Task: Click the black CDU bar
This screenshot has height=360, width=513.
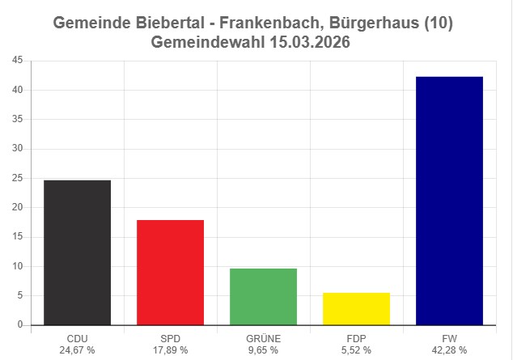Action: point(77,252)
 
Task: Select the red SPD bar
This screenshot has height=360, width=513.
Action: point(170,272)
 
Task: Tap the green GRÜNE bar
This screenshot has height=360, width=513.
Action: point(263,296)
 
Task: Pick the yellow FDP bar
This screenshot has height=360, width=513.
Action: point(356,308)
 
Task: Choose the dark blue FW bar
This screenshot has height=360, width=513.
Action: point(449,201)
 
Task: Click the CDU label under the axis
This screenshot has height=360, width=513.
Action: point(77,339)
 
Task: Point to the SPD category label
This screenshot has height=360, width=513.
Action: point(170,339)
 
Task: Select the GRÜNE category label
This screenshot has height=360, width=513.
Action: point(263,339)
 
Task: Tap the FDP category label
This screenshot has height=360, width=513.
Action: point(356,339)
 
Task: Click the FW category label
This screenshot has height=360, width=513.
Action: point(449,339)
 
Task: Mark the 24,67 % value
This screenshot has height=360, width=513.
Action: point(77,350)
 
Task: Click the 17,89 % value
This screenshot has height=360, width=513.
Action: point(170,350)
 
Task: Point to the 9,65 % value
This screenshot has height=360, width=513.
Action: point(263,350)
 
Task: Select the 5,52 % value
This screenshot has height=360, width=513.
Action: point(356,350)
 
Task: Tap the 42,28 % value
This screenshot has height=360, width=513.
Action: point(449,350)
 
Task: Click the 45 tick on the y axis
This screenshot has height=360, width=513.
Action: point(17,61)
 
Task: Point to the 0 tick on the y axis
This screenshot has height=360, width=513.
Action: point(19,325)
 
